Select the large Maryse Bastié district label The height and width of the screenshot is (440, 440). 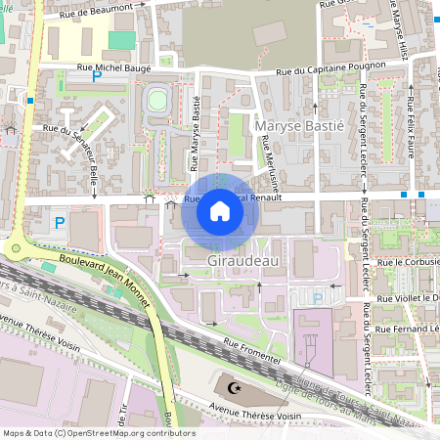[298, 126]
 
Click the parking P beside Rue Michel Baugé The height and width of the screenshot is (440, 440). [96, 76]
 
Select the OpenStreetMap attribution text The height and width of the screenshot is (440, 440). [98, 433]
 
